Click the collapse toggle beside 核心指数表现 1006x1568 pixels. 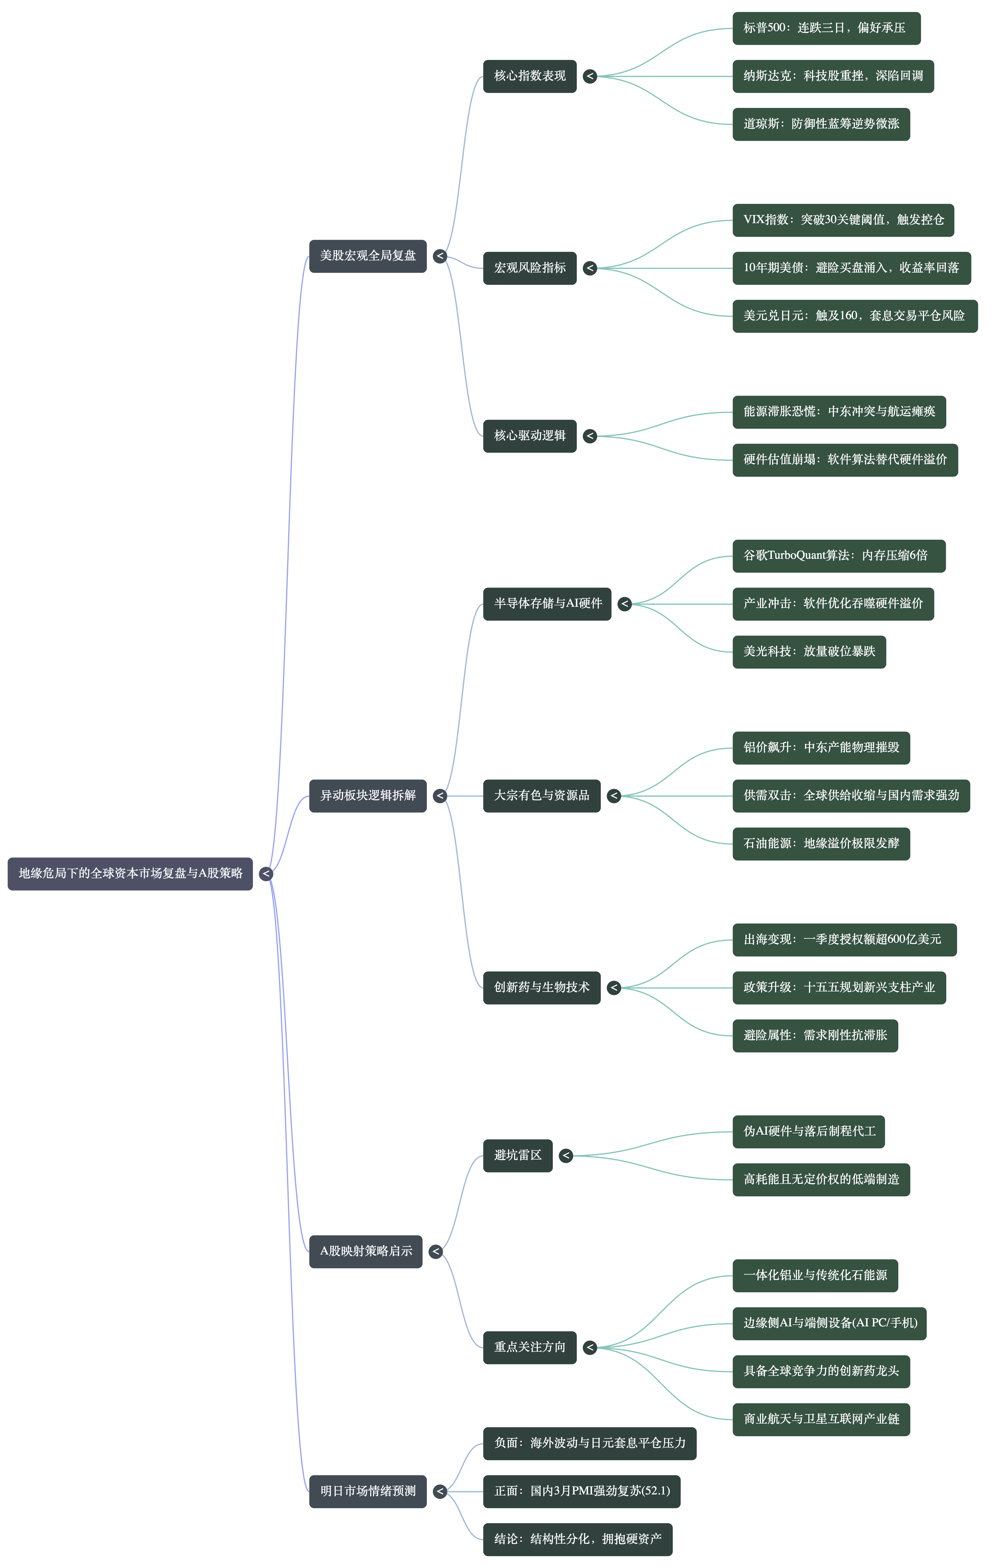coord(590,76)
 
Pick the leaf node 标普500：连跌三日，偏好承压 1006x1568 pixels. coord(826,28)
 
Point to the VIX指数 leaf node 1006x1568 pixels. coord(843,220)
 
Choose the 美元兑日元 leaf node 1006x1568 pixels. coord(854,316)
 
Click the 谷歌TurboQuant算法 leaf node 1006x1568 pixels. coord(838,556)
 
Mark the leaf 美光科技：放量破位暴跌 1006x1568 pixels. coord(809,652)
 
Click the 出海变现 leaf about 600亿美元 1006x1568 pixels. coord(844,940)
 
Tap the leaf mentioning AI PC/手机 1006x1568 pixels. coord(829,1323)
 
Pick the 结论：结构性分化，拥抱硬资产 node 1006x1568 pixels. coord(577,1539)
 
